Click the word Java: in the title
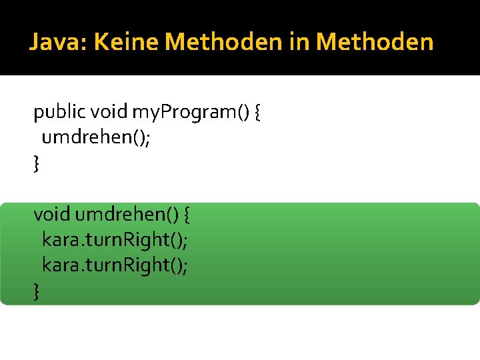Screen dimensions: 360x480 click(59, 43)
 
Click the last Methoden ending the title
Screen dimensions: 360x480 click(375, 43)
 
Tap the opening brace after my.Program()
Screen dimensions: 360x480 click(258, 112)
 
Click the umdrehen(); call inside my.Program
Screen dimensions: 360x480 click(85, 137)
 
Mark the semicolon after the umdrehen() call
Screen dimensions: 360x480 click(127, 139)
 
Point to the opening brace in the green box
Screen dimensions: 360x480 click(187, 215)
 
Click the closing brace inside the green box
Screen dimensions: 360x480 click(37, 291)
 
